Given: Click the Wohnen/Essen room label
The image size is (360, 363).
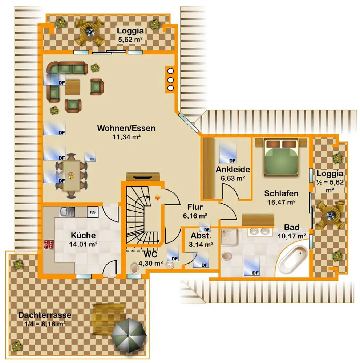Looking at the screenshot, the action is point(126,128).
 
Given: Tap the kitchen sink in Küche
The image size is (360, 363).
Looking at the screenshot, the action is point(68,211).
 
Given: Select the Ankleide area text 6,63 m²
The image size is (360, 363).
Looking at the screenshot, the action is point(232,178).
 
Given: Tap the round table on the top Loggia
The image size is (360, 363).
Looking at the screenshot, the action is point(89,32).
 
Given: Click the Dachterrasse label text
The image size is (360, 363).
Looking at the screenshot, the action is point(45,315).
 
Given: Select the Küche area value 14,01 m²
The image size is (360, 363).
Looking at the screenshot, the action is point(84,244).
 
